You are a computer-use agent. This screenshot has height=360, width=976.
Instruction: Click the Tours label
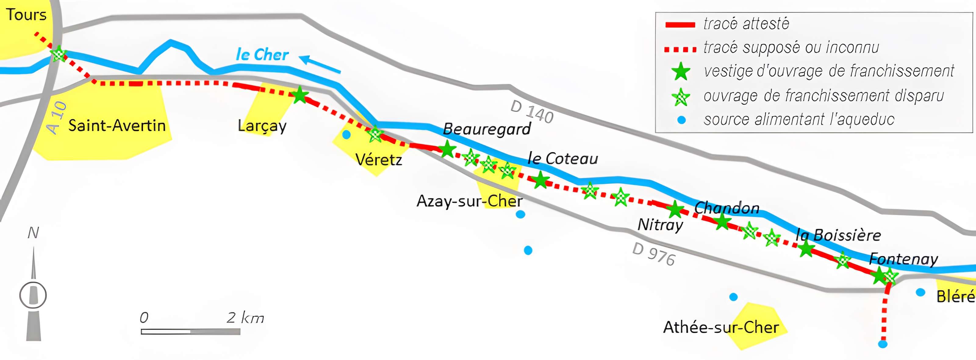tap(26, 15)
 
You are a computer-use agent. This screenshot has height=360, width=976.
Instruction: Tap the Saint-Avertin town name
tap(117, 125)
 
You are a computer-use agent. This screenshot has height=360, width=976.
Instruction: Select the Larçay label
tap(262, 126)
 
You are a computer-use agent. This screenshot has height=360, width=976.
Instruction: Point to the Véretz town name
tap(379, 160)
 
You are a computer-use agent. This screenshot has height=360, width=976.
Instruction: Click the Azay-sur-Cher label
tap(469, 201)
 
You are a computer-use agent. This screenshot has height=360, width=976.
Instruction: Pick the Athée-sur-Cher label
tap(721, 327)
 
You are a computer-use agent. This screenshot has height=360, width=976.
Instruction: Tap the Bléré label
tap(956, 296)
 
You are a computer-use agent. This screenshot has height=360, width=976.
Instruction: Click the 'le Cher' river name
tap(262, 55)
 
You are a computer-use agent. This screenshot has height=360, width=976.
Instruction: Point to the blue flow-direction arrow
tap(320, 64)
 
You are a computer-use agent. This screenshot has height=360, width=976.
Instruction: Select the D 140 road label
tap(532, 112)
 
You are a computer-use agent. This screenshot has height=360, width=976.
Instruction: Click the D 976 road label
tap(654, 254)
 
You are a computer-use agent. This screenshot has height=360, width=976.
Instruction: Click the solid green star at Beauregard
tap(447, 149)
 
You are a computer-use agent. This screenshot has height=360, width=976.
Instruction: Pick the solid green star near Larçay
tap(299, 95)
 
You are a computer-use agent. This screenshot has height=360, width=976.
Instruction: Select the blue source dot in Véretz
tap(346, 135)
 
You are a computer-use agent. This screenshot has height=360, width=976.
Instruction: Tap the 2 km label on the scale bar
tap(245, 318)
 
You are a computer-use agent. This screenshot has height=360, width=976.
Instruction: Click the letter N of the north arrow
tap(33, 233)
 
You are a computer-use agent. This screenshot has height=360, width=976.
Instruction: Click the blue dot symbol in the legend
tap(681, 120)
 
